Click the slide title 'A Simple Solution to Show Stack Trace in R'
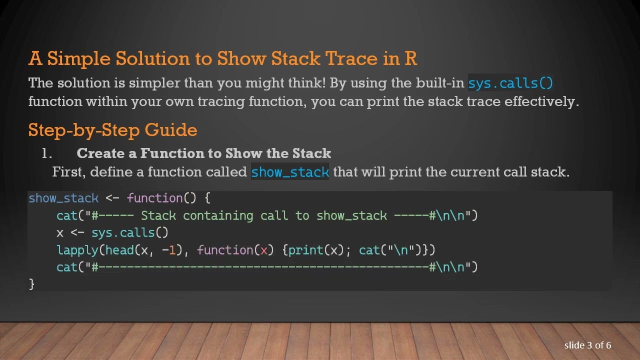coord(222,58)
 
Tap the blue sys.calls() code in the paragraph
coord(510,83)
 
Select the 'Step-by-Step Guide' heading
coord(112,130)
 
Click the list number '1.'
coord(47,153)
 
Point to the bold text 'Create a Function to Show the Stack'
coord(203,153)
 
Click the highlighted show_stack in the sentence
coord(290,172)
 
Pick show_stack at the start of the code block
coord(63,198)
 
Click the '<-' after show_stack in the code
coord(112,198)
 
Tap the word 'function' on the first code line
coord(155,198)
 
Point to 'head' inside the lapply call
coord(119,250)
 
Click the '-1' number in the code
coord(169,250)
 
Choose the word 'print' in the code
coord(305,250)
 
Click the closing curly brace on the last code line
coord(31,284)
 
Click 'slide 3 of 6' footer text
coord(587,345)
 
